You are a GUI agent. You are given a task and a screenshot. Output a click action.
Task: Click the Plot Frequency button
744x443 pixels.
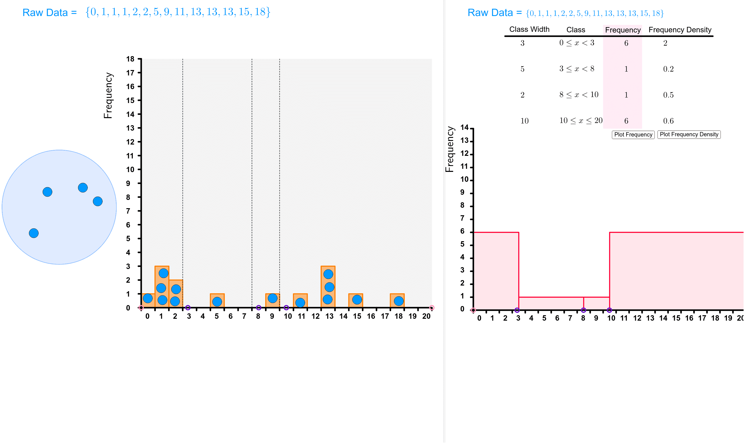(x=633, y=135)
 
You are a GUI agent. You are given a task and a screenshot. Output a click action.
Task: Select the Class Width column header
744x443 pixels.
(x=529, y=29)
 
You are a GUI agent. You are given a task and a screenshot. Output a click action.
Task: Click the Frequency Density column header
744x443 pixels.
(x=680, y=30)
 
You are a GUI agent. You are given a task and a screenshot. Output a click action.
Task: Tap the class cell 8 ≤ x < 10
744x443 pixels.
(x=579, y=95)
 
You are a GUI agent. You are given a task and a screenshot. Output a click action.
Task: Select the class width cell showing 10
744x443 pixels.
(x=524, y=121)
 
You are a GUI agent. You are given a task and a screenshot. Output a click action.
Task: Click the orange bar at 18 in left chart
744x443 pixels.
(x=397, y=301)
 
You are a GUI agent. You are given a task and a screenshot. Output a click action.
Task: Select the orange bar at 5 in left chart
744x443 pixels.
(x=217, y=301)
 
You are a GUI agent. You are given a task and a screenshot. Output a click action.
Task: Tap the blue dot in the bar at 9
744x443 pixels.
(x=272, y=298)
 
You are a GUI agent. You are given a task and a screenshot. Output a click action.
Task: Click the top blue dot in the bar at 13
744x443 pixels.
(x=328, y=274)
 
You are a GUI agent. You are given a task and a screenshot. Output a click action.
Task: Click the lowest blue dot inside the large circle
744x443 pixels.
(x=34, y=233)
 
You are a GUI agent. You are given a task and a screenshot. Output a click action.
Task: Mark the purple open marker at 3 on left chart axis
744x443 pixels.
(x=188, y=308)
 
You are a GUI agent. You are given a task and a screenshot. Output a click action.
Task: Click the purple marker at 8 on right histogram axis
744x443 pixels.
(x=583, y=310)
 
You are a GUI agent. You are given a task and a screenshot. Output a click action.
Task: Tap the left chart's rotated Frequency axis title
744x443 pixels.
(x=108, y=95)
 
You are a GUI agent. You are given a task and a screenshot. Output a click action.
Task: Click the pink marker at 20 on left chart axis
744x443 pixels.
(x=431, y=308)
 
